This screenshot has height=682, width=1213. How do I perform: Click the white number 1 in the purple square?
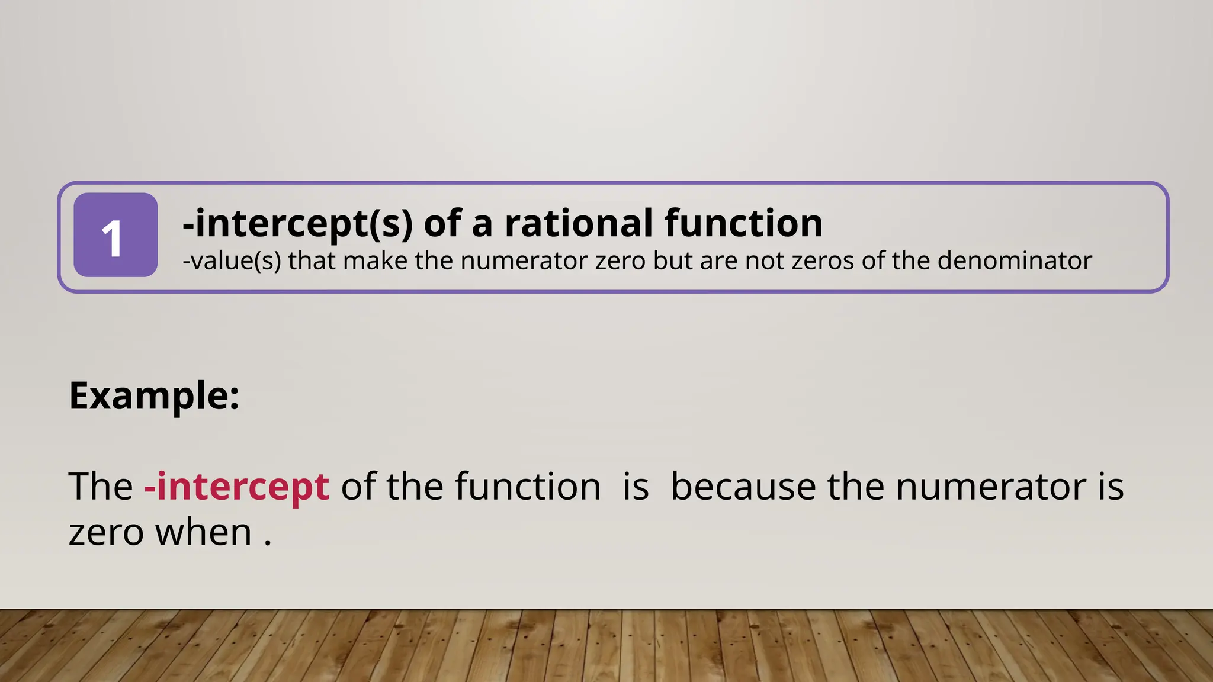click(113, 238)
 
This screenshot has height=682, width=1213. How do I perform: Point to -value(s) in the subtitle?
click(232, 260)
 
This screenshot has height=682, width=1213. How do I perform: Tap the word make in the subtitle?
click(375, 260)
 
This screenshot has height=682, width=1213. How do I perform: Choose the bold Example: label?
click(154, 395)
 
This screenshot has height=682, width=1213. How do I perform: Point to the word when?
click(203, 532)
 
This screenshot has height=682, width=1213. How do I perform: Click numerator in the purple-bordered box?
click(524, 260)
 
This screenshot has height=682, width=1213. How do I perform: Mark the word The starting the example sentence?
click(101, 487)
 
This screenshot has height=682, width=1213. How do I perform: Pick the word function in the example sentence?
click(528, 487)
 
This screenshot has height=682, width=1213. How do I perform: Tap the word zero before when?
click(106, 532)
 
